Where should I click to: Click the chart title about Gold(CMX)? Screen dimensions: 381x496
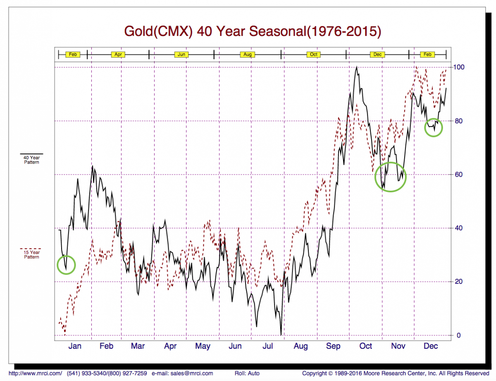click(x=253, y=31)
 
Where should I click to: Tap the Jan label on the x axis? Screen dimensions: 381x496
click(x=74, y=346)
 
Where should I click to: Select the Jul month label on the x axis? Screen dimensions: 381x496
click(x=267, y=346)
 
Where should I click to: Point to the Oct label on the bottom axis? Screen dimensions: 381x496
click(x=366, y=346)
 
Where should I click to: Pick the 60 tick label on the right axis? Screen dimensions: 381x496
click(x=458, y=174)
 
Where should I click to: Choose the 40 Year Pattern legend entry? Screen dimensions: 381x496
click(x=31, y=160)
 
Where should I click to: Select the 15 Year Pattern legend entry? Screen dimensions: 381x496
click(x=31, y=254)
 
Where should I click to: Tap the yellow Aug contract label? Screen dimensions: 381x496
click(x=247, y=54)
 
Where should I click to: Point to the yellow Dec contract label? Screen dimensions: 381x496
click(x=378, y=54)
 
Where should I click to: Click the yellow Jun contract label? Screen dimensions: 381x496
click(x=182, y=54)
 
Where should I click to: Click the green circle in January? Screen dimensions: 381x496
click(x=66, y=264)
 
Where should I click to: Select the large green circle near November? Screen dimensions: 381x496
click(x=390, y=177)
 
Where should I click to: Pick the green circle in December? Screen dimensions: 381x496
click(x=433, y=127)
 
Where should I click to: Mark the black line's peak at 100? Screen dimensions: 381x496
click(x=356, y=67)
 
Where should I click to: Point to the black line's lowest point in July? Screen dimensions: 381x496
click(x=281, y=334)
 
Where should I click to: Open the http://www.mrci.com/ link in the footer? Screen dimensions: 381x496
click(x=35, y=373)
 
